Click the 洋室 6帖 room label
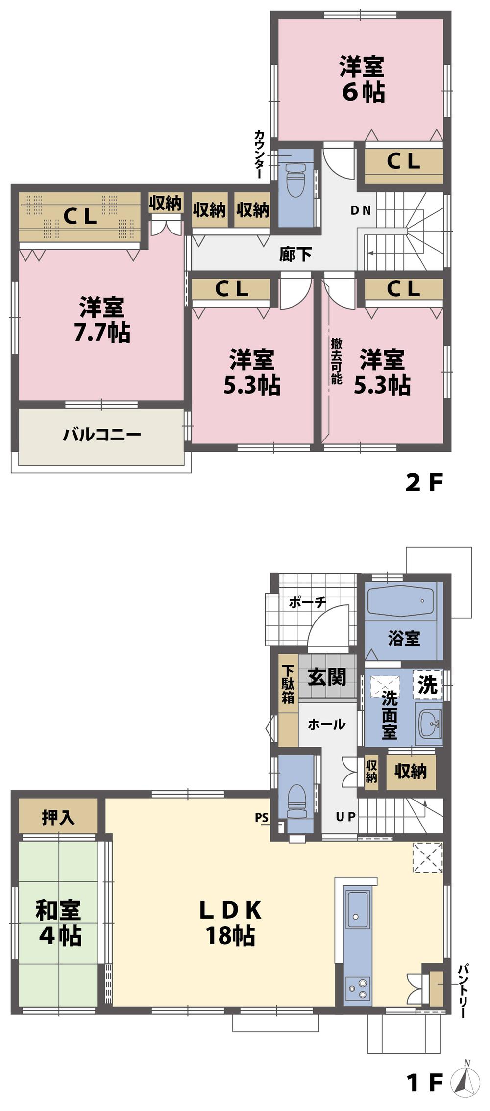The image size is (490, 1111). pos(362,79)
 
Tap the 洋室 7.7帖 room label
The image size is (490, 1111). pos(102,320)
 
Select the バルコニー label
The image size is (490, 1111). pos(102,435)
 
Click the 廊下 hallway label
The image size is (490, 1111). pos(295,254)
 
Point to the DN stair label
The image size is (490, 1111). pos(361,210)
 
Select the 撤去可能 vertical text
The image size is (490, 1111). pos(336,361)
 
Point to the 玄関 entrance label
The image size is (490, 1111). pos(326,677)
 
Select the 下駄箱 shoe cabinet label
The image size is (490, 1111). pos(288,683)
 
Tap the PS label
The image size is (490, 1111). pos(262,818)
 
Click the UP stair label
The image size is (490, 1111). pos(345,817)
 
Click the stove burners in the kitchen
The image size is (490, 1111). pos(357,988)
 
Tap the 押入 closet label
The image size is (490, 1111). pos(58,817)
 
